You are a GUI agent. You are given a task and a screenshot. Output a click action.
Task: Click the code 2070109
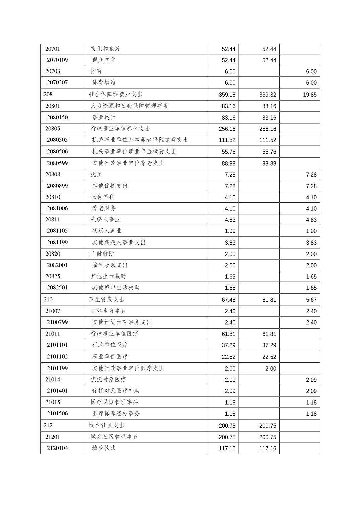57,60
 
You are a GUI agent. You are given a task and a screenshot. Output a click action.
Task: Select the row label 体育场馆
104,82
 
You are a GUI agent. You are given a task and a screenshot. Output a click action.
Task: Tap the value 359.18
227,95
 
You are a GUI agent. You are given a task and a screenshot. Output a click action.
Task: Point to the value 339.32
267,95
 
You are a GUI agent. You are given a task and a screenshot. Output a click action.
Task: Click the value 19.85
310,95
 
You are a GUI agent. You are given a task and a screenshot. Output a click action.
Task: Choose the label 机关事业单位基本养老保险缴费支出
140,140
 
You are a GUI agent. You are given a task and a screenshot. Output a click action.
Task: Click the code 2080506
57,151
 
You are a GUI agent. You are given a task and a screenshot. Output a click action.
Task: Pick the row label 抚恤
96,174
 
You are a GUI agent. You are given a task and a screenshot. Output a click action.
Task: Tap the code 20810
53,197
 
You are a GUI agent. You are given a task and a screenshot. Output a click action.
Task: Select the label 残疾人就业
107,231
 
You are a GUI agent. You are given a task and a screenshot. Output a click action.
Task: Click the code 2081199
57,242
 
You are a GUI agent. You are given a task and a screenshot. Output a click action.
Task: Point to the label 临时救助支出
110,265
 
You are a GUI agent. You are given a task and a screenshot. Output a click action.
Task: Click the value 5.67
311,300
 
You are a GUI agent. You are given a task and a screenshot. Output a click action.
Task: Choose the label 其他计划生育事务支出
122,322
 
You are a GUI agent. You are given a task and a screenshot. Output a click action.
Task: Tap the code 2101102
57,357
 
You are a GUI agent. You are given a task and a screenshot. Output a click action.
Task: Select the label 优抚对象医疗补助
116,391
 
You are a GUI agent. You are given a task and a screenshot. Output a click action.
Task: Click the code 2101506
57,413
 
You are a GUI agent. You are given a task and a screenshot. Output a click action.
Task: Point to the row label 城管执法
104,448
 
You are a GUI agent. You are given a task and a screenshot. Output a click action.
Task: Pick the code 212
48,425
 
